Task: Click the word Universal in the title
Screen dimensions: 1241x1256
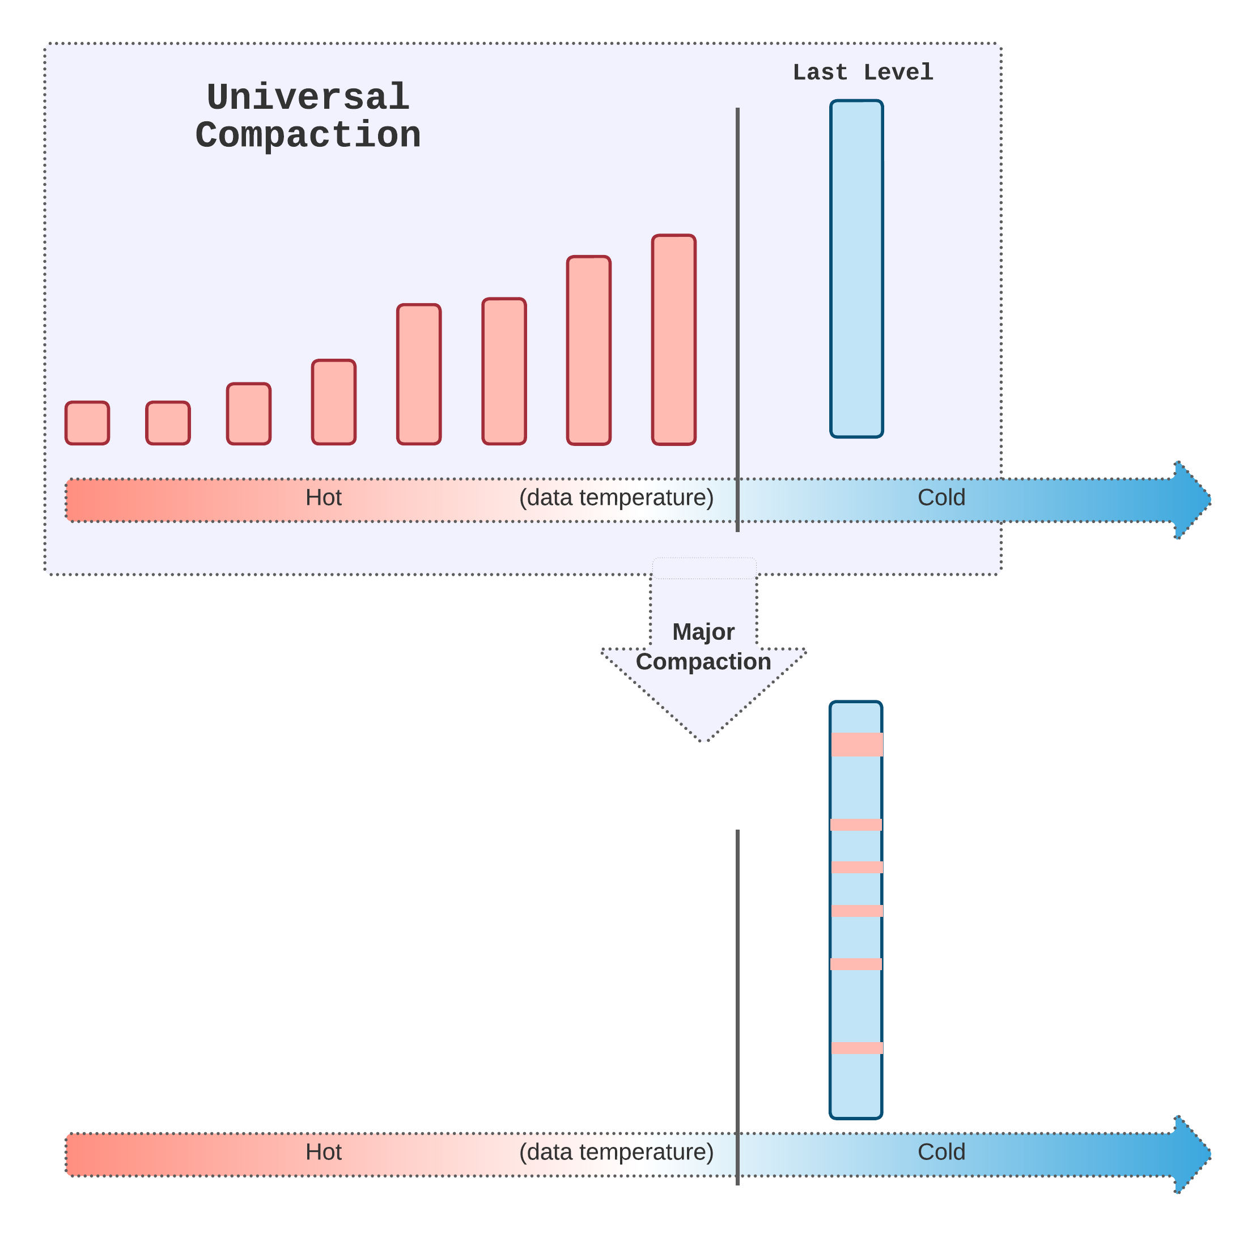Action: click(308, 97)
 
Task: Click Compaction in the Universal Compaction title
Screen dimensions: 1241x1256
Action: click(308, 135)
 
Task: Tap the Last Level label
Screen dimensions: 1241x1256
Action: click(863, 72)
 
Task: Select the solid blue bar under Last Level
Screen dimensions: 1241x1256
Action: click(856, 269)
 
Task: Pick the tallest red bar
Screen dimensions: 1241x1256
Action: click(673, 340)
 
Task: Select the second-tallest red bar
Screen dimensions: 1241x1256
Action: click(588, 350)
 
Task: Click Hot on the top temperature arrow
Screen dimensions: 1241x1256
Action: click(324, 498)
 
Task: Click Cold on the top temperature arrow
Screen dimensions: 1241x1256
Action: click(941, 498)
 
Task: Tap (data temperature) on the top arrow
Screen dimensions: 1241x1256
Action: click(616, 498)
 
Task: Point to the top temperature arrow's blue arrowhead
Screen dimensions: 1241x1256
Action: click(1191, 500)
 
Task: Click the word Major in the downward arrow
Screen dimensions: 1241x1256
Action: click(703, 632)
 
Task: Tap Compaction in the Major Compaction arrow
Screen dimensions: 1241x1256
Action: click(703, 662)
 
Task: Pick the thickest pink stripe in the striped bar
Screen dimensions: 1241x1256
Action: click(857, 745)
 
